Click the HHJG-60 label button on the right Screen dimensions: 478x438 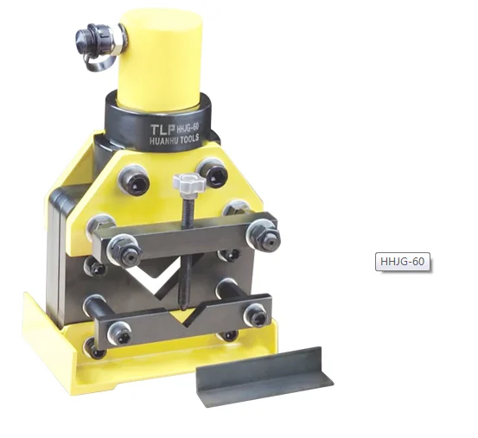(403, 262)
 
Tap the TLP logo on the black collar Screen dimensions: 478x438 (163, 129)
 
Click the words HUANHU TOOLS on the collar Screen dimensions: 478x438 (174, 140)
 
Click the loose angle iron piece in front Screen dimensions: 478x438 (264, 376)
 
